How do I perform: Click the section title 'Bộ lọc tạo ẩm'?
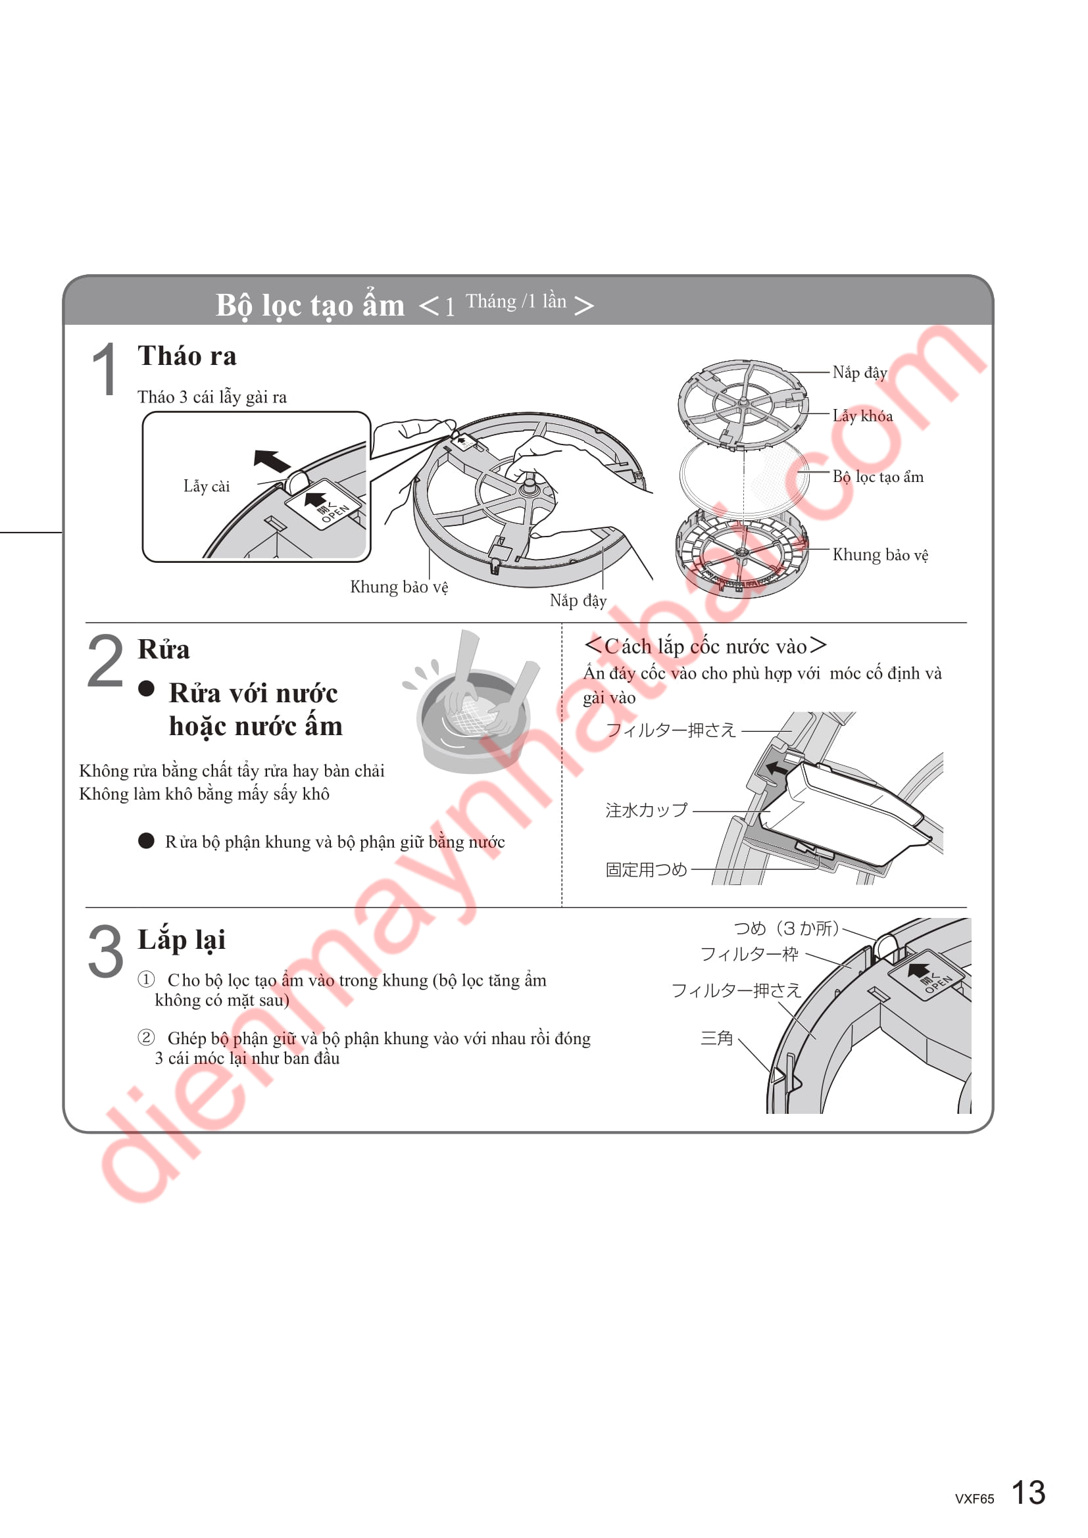310,306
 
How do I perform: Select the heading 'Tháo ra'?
187,356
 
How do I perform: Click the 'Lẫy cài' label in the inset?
207,486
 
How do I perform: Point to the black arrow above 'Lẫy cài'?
272,461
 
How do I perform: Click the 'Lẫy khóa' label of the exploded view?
862,416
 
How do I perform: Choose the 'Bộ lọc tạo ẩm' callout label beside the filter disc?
878,477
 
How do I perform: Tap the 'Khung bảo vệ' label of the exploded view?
879,555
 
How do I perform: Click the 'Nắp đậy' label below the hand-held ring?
578,600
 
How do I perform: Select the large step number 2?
106,661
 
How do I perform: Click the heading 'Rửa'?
164,649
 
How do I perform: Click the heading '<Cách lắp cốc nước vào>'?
705,646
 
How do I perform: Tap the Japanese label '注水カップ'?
647,811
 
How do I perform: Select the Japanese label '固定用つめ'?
647,869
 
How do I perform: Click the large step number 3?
106,951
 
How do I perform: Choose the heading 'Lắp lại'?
182,940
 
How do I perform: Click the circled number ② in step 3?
146,1038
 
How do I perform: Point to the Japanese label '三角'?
717,1038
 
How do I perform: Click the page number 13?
1027,1493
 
